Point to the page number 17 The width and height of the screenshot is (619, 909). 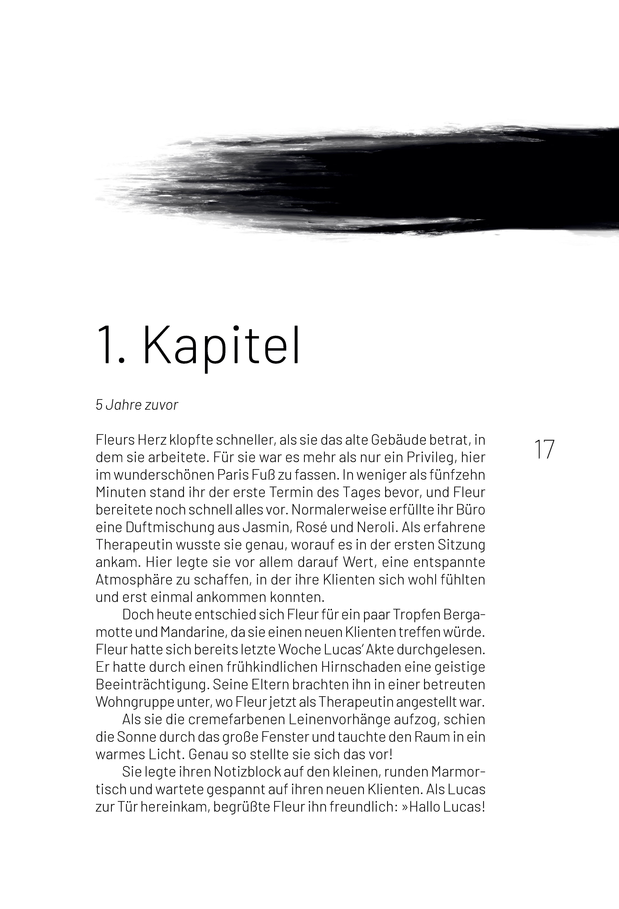(x=544, y=450)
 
